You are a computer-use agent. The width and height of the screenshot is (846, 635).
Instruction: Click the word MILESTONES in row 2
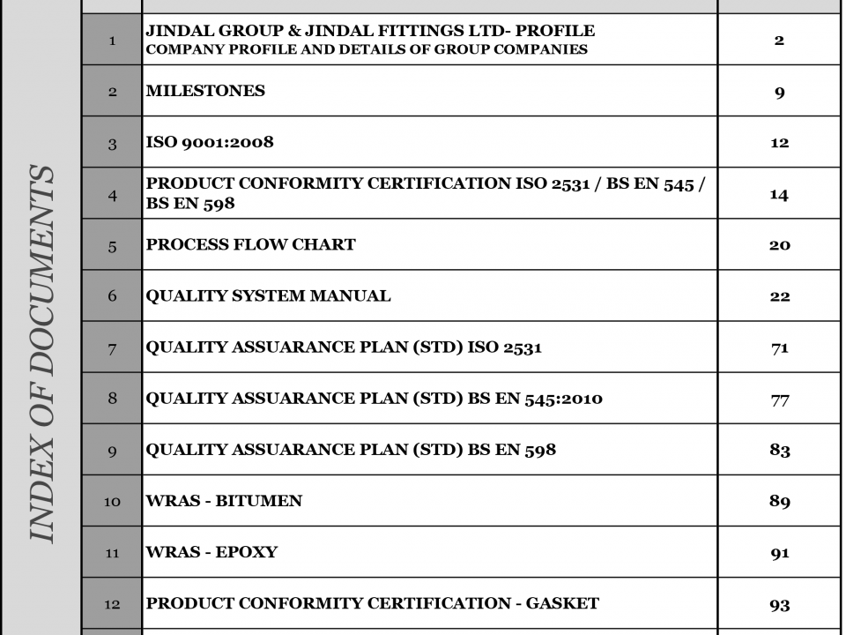205,91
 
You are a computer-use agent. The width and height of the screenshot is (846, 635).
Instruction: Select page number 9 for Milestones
779,92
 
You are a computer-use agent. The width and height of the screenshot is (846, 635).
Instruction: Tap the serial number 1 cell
112,40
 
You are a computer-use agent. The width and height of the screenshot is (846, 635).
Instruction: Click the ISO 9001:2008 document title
210,142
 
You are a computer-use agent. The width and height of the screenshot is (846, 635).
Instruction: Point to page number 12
779,143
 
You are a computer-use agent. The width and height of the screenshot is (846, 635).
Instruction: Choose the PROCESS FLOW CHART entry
251,244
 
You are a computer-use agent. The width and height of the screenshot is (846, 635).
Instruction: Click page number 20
779,245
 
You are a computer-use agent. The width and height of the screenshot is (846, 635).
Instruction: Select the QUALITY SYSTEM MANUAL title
268,295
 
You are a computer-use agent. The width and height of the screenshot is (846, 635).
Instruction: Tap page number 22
779,296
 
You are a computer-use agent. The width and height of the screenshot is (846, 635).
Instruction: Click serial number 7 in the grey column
112,347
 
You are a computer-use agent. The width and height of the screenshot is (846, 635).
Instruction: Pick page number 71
779,347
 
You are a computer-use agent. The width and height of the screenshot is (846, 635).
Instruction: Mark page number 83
779,450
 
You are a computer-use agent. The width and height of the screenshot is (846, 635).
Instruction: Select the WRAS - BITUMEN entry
224,501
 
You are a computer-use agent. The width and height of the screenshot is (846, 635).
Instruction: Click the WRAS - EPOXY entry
211,552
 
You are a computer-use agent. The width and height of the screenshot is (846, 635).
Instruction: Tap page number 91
779,552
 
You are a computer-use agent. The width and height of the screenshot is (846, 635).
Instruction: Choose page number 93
779,604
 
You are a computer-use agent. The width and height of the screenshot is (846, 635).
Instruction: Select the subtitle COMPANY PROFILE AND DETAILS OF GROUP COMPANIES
367,49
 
